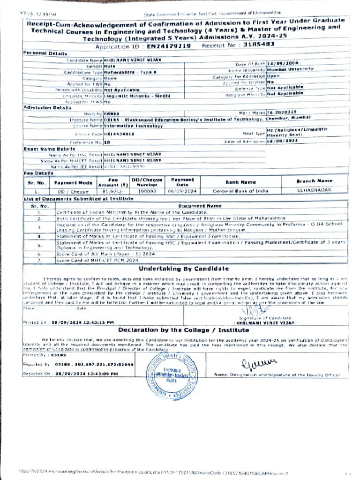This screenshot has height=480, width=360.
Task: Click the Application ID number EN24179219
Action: [x=168, y=46]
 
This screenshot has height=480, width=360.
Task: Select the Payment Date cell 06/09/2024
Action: [x=179, y=191]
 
